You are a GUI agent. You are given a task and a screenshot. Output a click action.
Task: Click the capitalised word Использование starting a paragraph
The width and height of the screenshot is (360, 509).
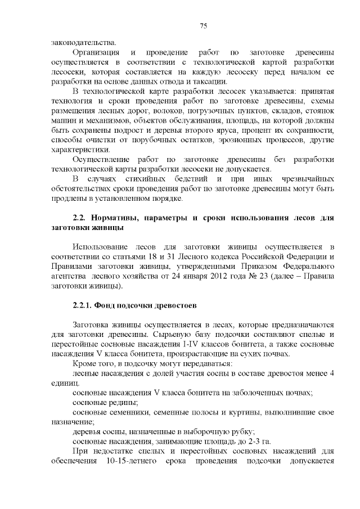[103, 247]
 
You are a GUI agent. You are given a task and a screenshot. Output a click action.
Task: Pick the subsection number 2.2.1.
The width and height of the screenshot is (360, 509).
[85, 307]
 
